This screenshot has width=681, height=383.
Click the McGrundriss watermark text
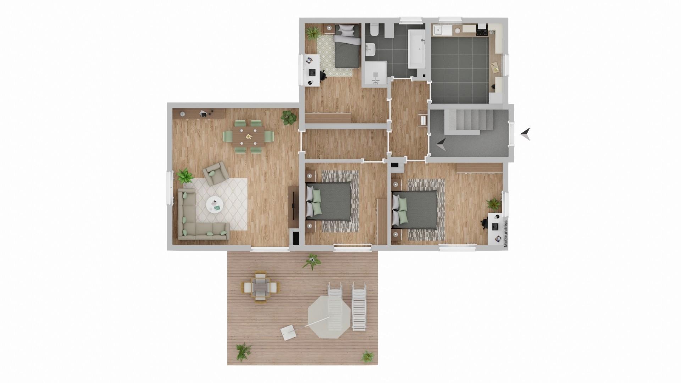[506, 234]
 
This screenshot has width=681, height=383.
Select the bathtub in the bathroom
[416, 49]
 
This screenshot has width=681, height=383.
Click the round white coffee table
[215, 205]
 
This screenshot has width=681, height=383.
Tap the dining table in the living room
[248, 136]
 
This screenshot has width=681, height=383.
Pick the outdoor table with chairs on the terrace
[260, 286]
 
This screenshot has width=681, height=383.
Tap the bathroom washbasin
[371, 49]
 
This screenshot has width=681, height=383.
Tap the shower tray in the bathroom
[375, 73]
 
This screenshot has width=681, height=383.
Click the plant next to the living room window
[184, 176]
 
